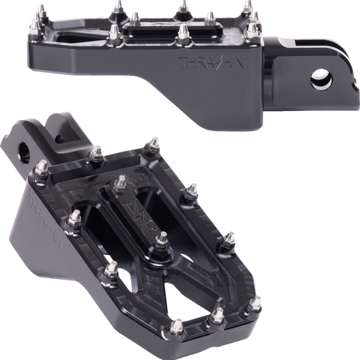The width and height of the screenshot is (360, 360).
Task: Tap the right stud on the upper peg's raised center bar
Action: click(184, 31)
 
